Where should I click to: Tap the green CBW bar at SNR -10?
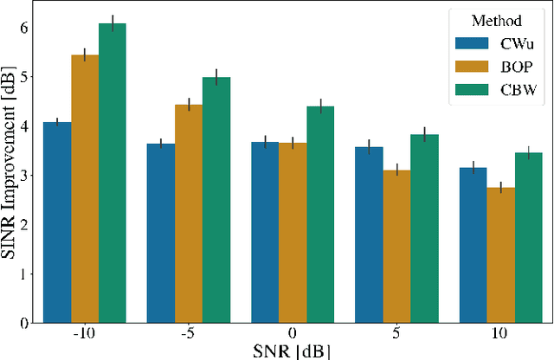pyautogui.click(x=113, y=173)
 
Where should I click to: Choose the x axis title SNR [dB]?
pyautogui.click(x=293, y=350)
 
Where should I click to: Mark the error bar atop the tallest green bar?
pyautogui.click(x=113, y=22)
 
